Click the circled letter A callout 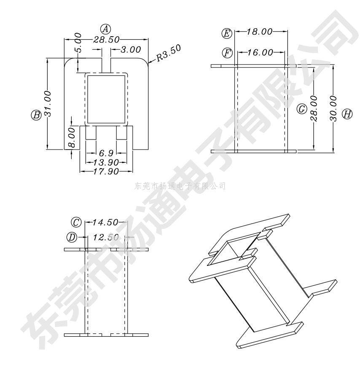(105, 29)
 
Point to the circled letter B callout (36, 114)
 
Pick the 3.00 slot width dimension (131, 50)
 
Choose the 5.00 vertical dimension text (78, 42)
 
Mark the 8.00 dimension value (72, 138)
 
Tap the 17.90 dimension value (106, 171)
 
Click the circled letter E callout (227, 32)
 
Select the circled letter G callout (302, 110)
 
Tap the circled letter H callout (347, 114)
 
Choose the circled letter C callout (76, 222)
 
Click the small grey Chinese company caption (180, 186)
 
